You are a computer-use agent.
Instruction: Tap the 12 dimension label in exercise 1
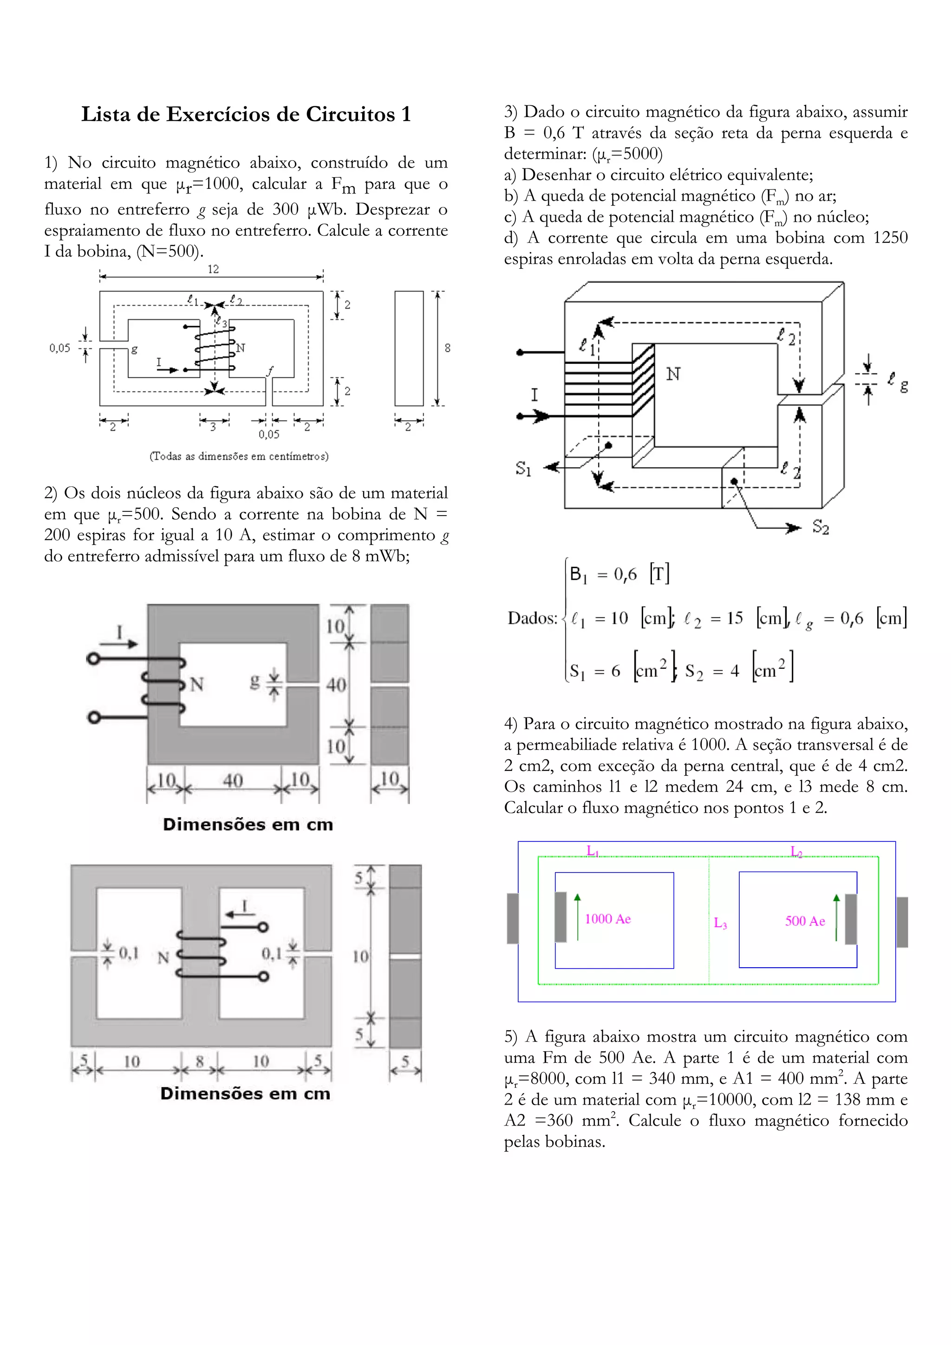(x=213, y=269)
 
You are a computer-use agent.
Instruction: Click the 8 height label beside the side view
(x=448, y=348)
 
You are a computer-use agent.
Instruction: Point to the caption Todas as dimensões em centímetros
(x=239, y=456)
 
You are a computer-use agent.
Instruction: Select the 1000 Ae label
(x=608, y=919)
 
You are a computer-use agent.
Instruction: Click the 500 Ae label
(x=805, y=921)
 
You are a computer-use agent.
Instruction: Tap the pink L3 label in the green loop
(x=720, y=924)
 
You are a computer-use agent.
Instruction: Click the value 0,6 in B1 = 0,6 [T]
(x=625, y=575)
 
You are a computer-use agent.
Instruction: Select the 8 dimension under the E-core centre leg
(x=199, y=1061)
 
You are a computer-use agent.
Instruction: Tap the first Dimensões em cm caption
(x=248, y=824)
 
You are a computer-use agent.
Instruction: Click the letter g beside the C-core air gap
(x=255, y=681)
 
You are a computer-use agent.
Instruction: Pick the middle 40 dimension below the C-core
(x=233, y=780)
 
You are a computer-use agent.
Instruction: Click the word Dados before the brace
(x=532, y=618)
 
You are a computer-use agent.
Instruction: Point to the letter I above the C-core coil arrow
(x=119, y=632)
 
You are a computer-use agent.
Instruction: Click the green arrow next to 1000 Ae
(x=577, y=917)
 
